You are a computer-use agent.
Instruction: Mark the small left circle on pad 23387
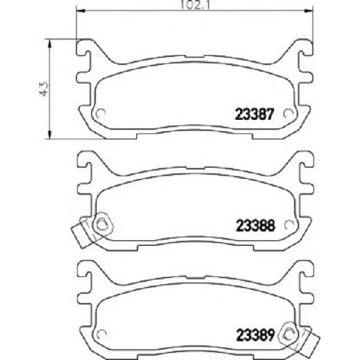tap(101, 114)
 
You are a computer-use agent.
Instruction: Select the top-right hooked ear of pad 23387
tap(305, 47)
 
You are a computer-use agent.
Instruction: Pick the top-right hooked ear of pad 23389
tap(305, 268)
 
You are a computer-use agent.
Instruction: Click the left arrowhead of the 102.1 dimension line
tap(79, 10)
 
